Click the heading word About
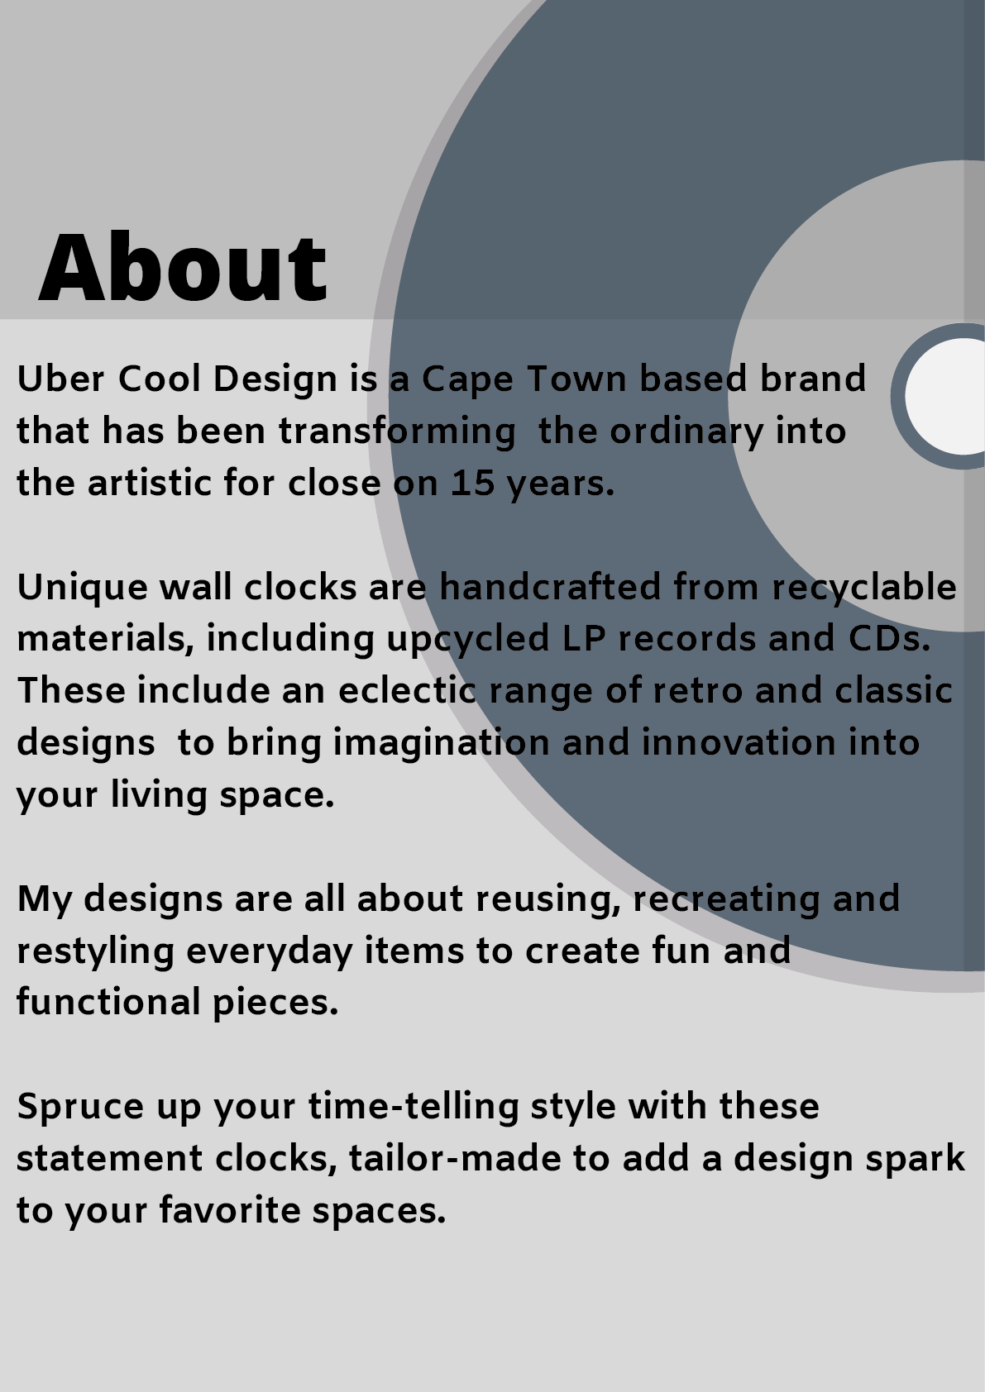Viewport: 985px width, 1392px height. (x=183, y=267)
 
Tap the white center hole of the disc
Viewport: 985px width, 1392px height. (x=946, y=396)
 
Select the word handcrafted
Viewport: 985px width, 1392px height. (x=550, y=587)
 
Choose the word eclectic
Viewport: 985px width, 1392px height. (x=407, y=691)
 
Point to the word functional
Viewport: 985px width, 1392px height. (x=108, y=1003)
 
